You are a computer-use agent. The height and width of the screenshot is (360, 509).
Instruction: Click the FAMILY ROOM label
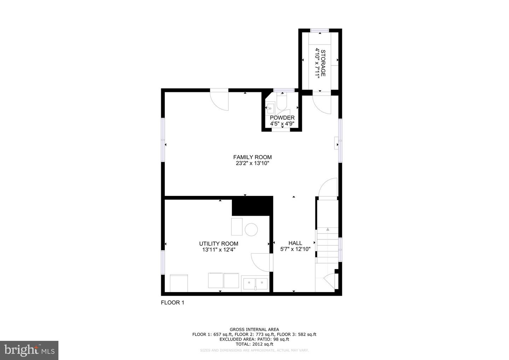252,157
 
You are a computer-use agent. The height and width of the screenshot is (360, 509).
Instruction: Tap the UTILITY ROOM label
218,244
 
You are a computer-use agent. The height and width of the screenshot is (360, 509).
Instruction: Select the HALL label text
295,243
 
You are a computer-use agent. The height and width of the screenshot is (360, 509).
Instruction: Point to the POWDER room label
282,118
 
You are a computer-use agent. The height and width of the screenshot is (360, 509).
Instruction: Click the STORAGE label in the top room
323,63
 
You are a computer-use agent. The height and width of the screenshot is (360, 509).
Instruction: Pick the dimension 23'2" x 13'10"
252,163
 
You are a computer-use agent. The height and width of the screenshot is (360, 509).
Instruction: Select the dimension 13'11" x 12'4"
218,250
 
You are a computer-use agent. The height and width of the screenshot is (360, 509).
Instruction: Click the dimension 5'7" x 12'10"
296,249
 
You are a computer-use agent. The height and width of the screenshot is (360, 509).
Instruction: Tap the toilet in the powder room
282,101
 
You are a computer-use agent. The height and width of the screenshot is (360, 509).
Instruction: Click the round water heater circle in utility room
251,229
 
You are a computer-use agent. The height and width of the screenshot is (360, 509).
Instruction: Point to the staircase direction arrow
327,229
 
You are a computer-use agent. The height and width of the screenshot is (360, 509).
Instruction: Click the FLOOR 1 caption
172,302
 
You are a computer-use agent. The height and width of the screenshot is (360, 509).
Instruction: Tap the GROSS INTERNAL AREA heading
254,329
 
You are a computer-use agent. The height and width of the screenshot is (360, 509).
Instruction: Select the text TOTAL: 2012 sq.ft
254,344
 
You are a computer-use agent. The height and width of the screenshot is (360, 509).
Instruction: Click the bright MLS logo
29,350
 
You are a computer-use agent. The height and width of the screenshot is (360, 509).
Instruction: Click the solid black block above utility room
252,206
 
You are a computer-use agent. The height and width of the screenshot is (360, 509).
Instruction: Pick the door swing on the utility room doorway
260,262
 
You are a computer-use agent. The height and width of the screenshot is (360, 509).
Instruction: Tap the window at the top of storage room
320,30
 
